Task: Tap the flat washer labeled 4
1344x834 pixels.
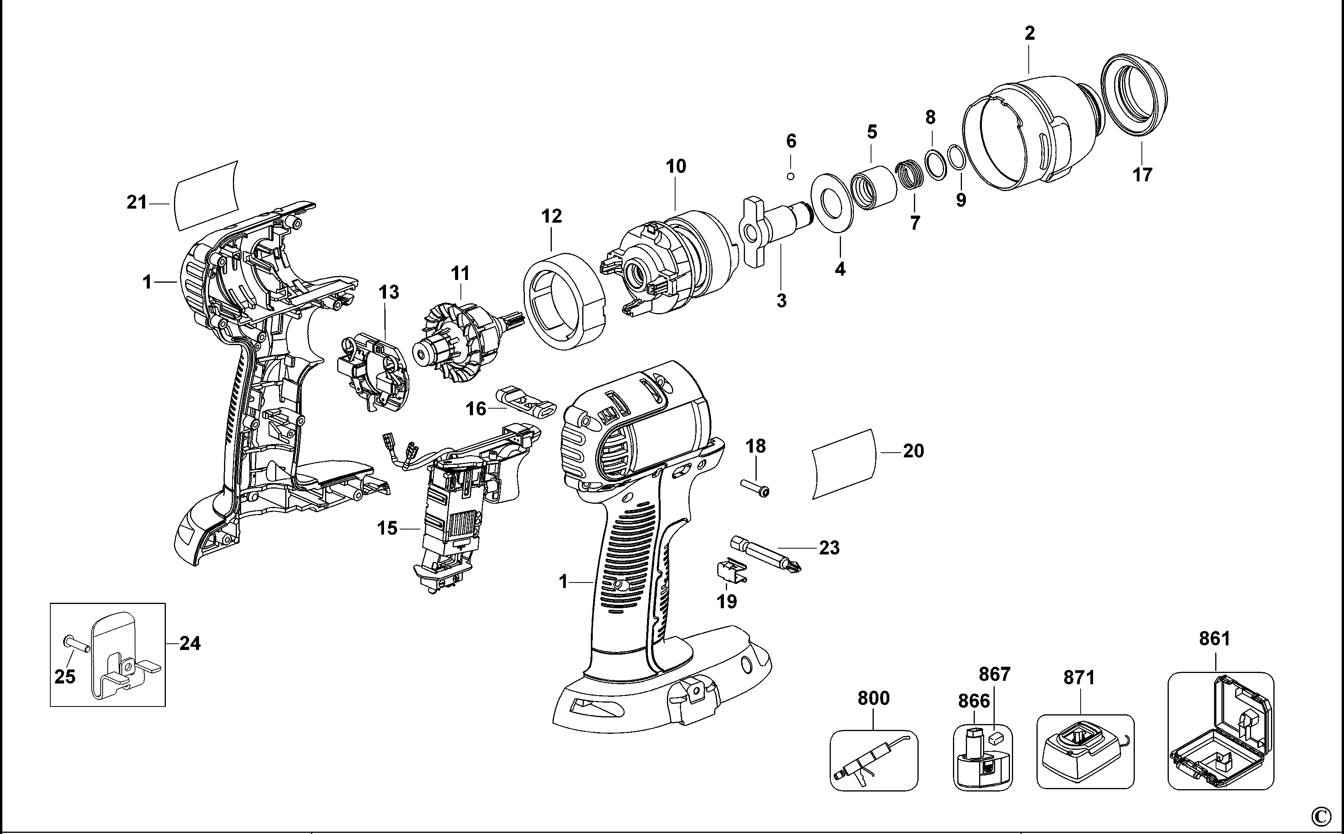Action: [832, 202]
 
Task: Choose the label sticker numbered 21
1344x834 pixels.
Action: [206, 197]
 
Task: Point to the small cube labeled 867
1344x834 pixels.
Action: [996, 737]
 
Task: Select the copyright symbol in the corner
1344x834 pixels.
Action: [1331, 815]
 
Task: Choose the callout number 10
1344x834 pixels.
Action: [676, 166]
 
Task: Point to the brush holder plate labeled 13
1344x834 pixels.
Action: [374, 373]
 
